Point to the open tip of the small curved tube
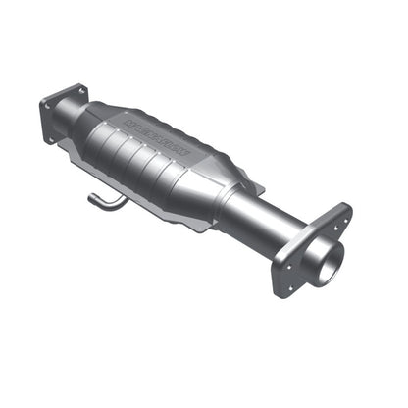[90, 200]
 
